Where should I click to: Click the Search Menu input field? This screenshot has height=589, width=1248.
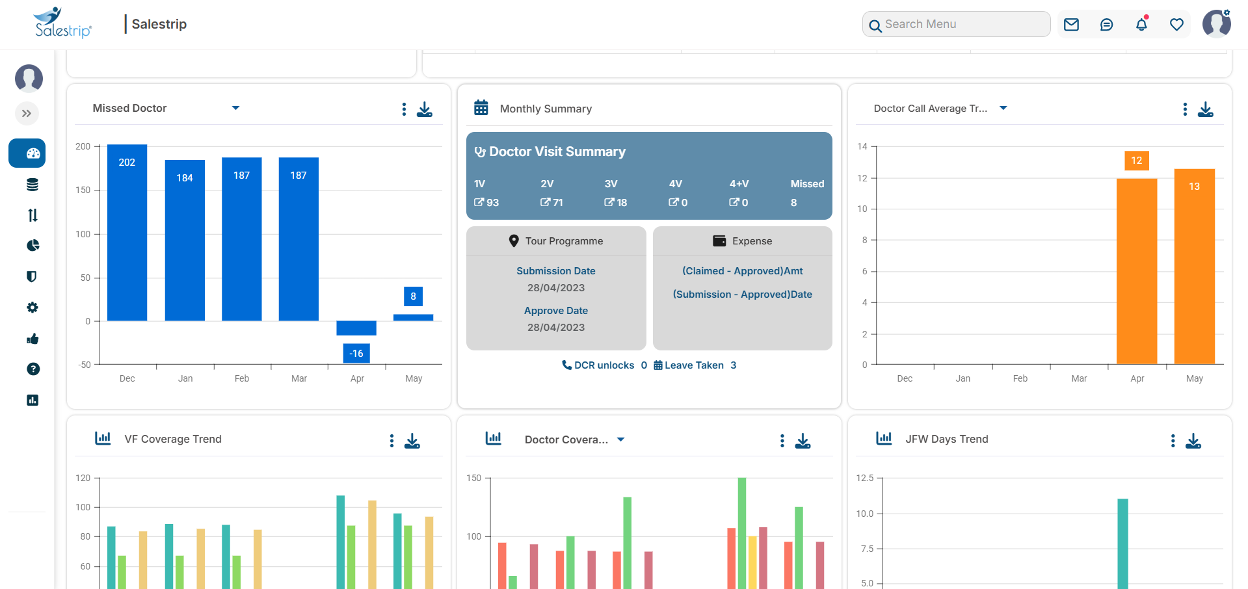point(963,24)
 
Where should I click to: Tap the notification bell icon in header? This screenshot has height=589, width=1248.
point(1141,25)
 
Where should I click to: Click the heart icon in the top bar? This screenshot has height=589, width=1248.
point(1176,25)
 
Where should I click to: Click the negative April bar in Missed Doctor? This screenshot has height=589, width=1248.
point(356,328)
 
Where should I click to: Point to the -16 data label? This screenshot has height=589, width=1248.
point(356,354)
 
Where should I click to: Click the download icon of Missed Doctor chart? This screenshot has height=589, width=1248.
point(425,109)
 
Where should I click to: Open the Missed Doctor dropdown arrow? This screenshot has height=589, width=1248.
point(235,108)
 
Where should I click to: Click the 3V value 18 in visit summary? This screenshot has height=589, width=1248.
point(616,203)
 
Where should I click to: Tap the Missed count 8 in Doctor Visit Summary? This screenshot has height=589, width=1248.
point(793,203)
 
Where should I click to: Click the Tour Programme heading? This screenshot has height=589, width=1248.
point(563,241)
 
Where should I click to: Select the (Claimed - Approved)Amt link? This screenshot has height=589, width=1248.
point(742,271)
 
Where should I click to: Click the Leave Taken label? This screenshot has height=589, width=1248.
point(694,365)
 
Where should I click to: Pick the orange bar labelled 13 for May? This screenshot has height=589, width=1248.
point(1195,267)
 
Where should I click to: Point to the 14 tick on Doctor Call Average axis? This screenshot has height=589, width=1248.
point(862,146)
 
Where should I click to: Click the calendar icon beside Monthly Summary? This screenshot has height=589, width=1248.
point(481,108)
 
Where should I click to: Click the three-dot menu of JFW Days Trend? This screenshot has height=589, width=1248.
point(1173,441)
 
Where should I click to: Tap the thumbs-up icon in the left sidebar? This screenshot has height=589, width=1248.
point(33,339)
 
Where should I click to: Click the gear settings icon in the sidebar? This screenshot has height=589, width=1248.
point(33,308)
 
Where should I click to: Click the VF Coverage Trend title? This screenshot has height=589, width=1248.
point(173,439)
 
